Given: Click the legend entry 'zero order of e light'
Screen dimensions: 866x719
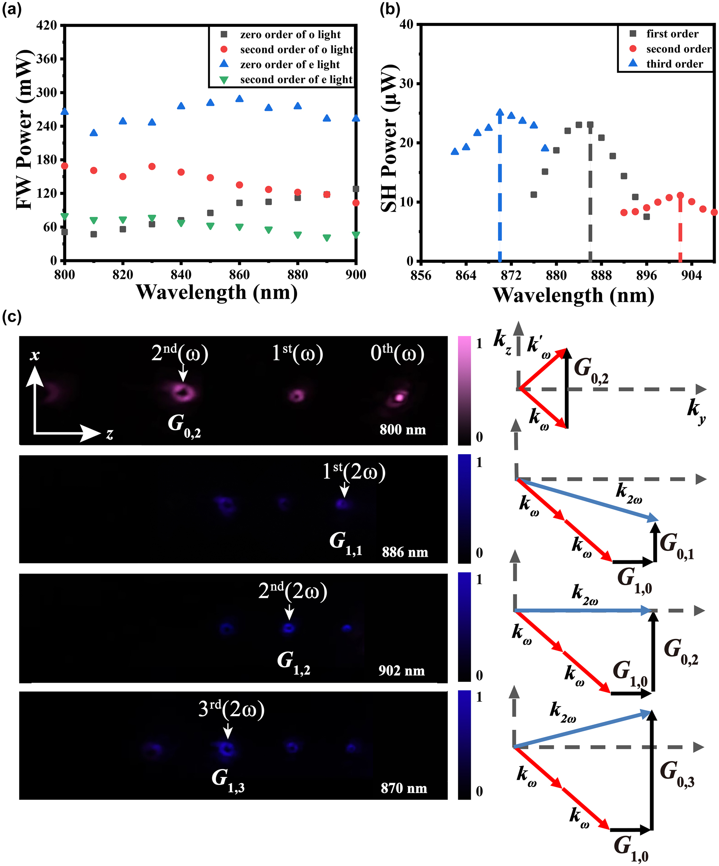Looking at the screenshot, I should [290, 64].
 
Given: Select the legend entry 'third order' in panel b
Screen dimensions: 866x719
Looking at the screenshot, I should [674, 64].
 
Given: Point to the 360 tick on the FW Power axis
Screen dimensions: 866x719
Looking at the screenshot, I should [46, 59].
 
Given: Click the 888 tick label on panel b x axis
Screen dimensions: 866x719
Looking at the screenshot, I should [601, 275].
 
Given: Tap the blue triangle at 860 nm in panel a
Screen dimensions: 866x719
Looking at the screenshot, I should [239, 99].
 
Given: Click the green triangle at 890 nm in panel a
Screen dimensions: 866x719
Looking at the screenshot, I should [327, 238].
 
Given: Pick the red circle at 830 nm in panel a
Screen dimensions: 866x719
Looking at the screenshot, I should [152, 167].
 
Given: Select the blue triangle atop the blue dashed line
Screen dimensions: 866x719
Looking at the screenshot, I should [500, 112].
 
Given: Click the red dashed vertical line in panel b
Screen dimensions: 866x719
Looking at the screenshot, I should [680, 231].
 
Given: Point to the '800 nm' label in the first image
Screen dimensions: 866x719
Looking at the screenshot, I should [402, 430].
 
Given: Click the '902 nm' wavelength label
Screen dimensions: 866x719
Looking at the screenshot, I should [402, 671].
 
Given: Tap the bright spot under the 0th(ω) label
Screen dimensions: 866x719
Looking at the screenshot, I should [399, 397].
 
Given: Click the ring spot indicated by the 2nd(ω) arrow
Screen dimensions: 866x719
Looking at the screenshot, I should [182, 393].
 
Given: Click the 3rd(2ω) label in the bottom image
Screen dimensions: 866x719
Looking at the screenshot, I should [231, 709].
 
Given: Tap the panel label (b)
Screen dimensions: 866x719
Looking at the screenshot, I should [389, 9].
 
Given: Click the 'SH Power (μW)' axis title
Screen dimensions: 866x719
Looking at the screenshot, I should [389, 138].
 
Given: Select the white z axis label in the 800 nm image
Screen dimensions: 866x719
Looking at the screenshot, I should [110, 434].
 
